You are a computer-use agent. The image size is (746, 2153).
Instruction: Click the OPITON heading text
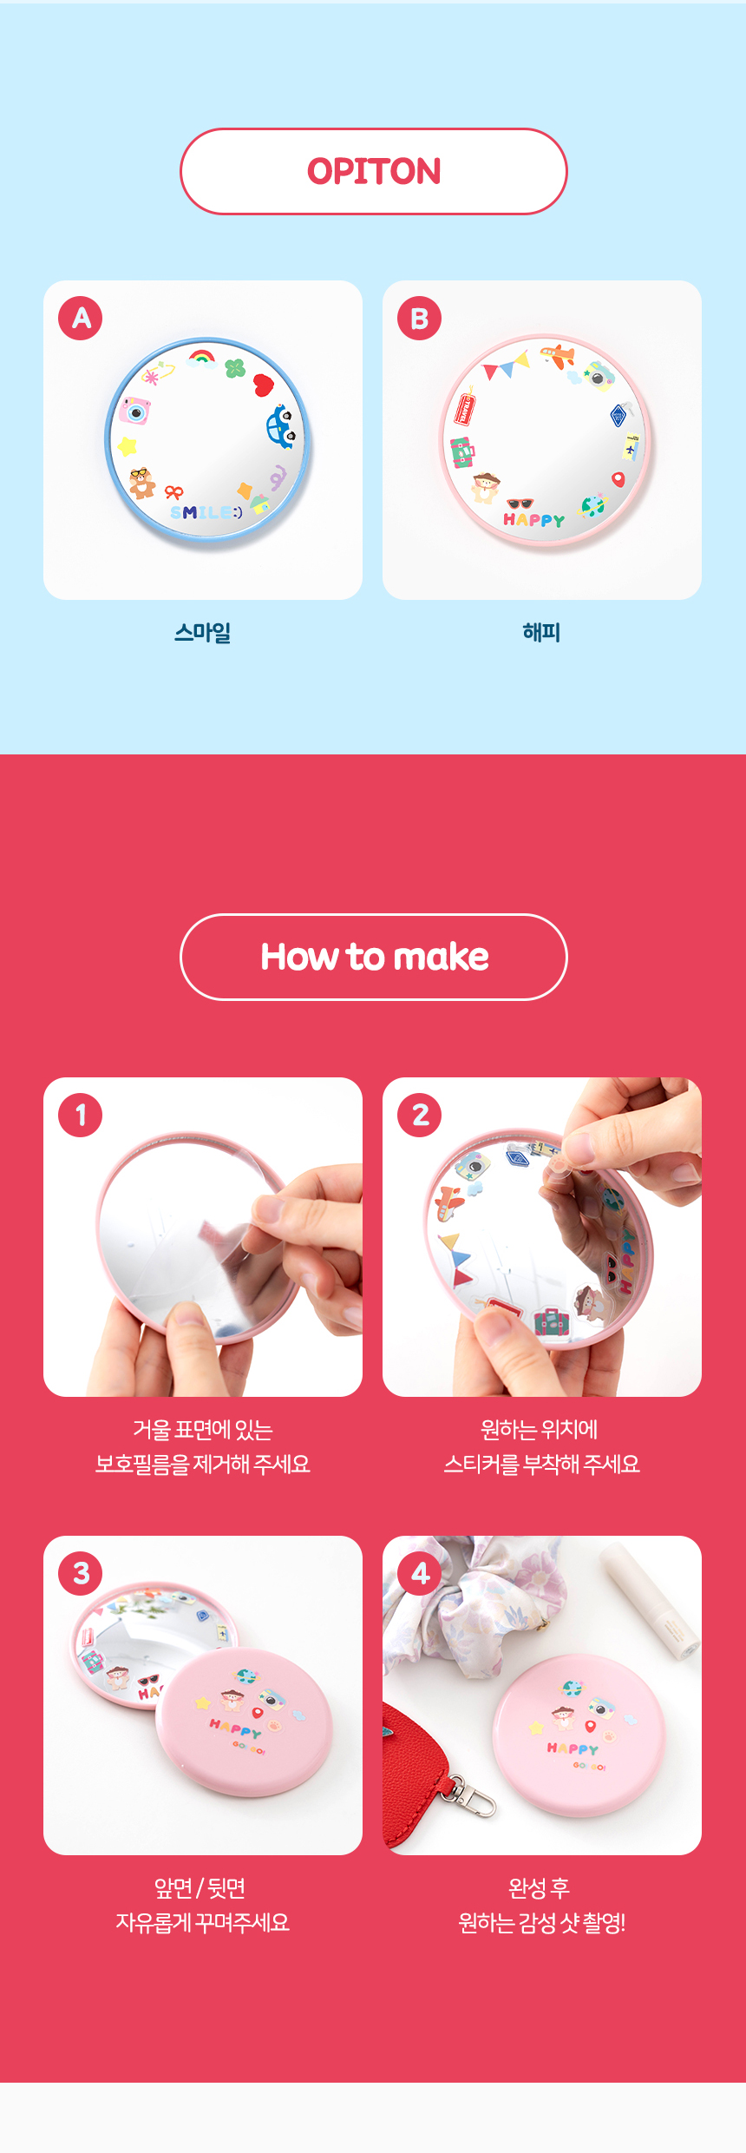point(374,171)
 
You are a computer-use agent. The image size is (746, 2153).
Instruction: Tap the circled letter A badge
point(81,318)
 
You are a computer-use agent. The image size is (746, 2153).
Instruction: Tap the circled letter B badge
point(420,318)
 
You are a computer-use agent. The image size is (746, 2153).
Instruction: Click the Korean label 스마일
point(203,632)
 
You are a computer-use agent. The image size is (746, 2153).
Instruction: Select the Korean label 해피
point(542,632)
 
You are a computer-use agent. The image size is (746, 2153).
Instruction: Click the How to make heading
point(375,957)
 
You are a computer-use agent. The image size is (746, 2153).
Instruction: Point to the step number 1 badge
point(81,1115)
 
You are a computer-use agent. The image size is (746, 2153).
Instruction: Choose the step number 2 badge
point(420,1115)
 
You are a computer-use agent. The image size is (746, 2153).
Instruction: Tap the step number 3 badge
point(81,1573)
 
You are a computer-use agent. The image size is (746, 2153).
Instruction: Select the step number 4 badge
point(420,1573)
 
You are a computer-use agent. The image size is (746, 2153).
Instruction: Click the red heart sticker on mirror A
point(264,385)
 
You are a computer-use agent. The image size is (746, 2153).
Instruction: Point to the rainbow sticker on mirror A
point(202,358)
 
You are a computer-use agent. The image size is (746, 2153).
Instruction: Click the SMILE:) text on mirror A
point(206,512)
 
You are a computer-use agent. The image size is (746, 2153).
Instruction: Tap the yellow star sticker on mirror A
point(128,446)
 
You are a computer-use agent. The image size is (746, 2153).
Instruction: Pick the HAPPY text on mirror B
point(534,519)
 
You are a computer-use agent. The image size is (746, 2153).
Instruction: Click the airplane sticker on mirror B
point(557,354)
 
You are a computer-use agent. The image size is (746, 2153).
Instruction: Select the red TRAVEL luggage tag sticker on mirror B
point(465,408)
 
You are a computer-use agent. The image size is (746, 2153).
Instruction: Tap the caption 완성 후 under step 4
point(540,1887)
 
